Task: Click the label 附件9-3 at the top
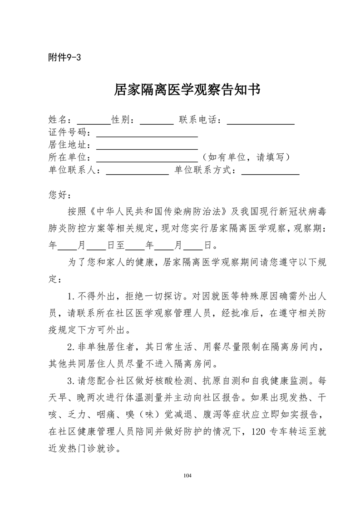click(64, 58)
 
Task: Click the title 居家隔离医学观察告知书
click(187, 90)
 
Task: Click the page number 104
click(188, 475)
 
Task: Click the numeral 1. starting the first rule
click(71, 297)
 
